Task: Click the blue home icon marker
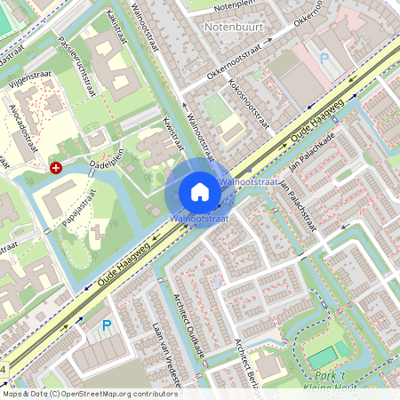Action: pyautogui.click(x=200, y=191)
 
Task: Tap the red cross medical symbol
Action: pyautogui.click(x=56, y=167)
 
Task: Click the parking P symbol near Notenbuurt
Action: pyautogui.click(x=324, y=58)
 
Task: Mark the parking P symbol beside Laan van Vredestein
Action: pyautogui.click(x=107, y=325)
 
